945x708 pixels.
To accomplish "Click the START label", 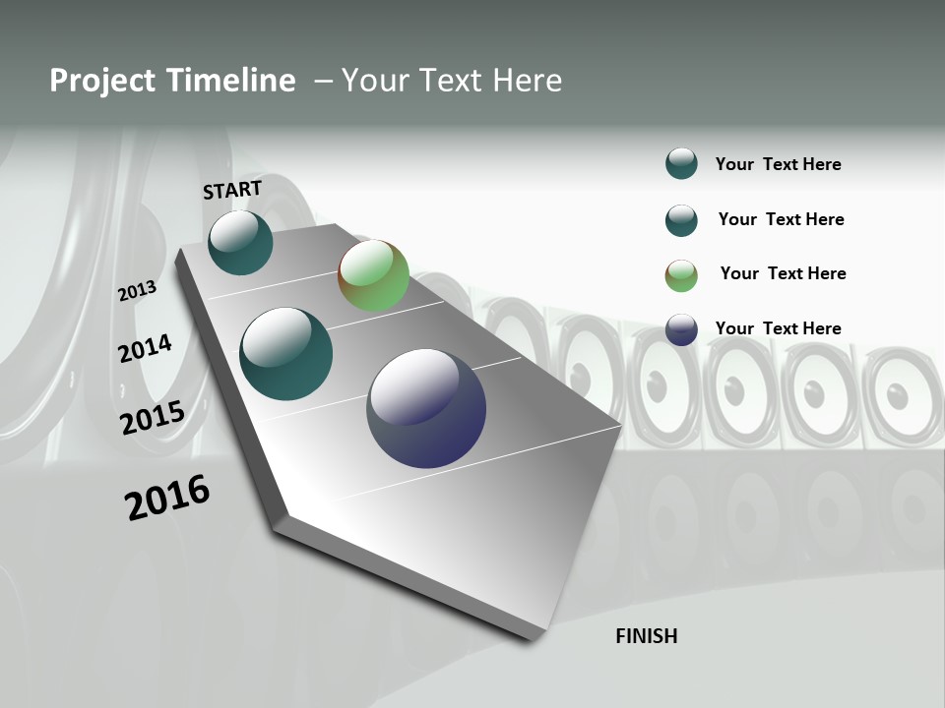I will [232, 190].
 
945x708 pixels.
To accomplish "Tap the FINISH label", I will [646, 636].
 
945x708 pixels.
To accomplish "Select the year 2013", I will [138, 291].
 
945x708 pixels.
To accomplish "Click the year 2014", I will [145, 348].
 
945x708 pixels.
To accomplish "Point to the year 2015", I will [153, 418].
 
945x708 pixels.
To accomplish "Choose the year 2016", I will [167, 498].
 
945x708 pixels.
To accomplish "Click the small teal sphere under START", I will [240, 243].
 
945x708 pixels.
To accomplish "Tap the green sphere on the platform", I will [373, 276].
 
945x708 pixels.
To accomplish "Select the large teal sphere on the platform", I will [286, 354].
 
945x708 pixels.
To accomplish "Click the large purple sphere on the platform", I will [426, 408].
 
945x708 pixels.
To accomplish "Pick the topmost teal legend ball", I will [681, 164].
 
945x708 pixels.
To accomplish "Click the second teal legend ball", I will [681, 220].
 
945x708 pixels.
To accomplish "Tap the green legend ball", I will [681, 275].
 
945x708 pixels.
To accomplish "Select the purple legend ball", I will [681, 329].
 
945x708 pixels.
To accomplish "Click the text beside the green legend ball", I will [783, 273].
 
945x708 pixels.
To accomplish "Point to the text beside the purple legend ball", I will [778, 328].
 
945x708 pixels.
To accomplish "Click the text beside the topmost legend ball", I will [778, 164].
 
